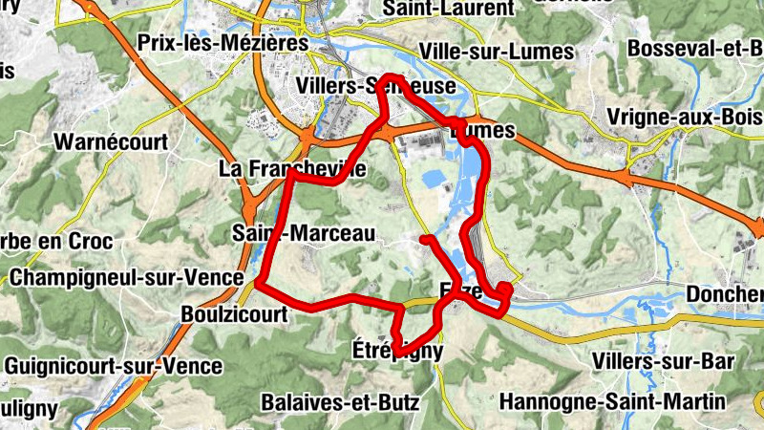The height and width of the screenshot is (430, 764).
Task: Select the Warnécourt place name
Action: (x=111, y=142)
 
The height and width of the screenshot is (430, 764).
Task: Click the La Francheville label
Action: (x=292, y=169)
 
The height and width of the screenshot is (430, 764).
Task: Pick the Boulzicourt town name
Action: (x=233, y=313)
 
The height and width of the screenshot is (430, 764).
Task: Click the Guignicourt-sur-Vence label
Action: (x=113, y=365)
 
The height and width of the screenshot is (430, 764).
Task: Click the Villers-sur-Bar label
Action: (x=655, y=360)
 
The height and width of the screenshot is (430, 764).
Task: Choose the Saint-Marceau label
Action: (x=303, y=232)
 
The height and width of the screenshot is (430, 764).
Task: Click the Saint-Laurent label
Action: (x=448, y=9)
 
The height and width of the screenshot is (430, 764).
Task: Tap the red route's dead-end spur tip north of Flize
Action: (x=423, y=237)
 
